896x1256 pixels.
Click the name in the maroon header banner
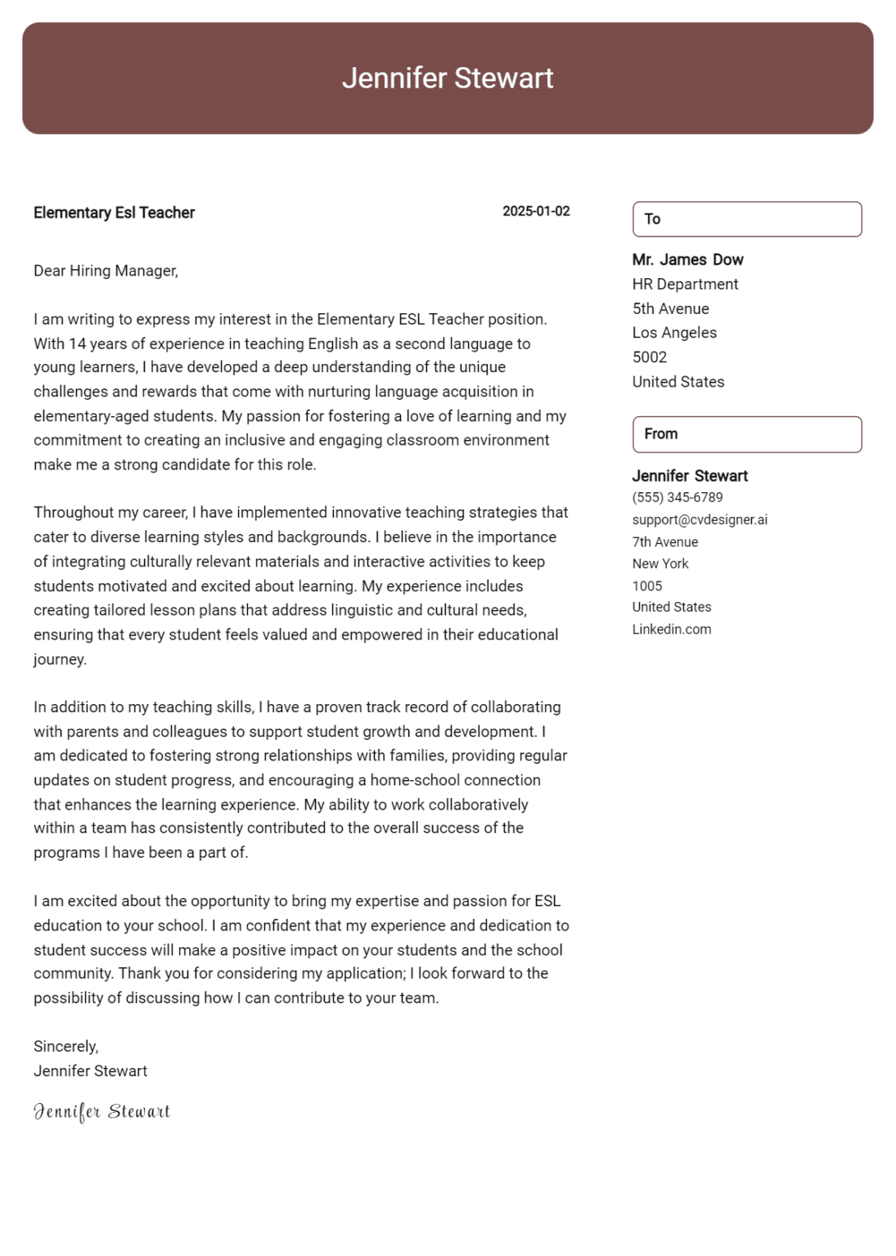[448, 78]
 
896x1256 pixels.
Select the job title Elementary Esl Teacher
[114, 213]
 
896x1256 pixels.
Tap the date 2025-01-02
[536, 211]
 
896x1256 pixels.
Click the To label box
[746, 219]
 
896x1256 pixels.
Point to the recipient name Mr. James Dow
[687, 260]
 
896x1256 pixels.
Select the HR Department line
[685, 285]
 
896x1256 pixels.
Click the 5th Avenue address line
[670, 309]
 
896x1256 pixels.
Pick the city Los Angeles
[674, 333]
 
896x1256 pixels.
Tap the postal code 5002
[650, 357]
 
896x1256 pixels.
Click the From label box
[746, 434]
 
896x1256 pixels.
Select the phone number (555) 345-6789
[677, 497]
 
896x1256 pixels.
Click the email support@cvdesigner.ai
[700, 520]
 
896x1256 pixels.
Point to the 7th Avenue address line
[664, 542]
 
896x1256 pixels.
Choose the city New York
[660, 563]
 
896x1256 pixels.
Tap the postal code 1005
[646, 585]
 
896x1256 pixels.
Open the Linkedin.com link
[671, 630]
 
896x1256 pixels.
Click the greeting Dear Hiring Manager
[106, 271]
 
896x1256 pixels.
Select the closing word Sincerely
[65, 1047]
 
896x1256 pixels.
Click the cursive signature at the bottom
[101, 1111]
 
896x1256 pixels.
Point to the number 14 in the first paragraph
[77, 343]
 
